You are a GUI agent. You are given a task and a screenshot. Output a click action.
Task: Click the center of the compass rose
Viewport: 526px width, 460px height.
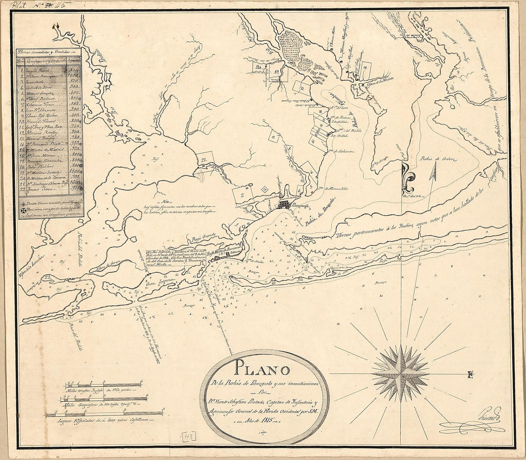(x=401, y=374)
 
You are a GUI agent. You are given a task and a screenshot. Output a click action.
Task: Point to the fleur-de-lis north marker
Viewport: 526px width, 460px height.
(x=407, y=176)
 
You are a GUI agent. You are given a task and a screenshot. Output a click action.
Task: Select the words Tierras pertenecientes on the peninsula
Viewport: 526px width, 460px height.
(x=361, y=230)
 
